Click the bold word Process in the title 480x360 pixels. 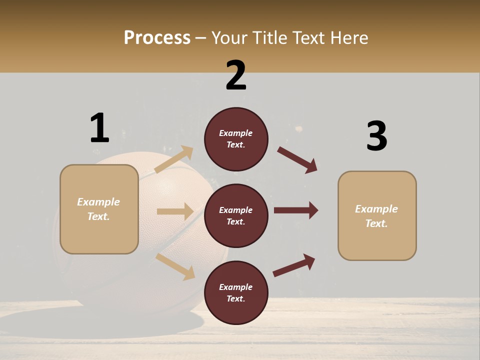click(x=157, y=38)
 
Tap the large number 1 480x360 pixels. click(x=99, y=128)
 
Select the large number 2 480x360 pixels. click(x=236, y=75)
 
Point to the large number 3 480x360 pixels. click(x=376, y=136)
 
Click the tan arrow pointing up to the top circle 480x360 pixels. click(x=174, y=159)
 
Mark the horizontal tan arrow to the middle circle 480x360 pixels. click(x=175, y=211)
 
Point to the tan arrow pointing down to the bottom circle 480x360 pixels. click(x=175, y=266)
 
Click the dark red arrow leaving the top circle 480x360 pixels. click(x=297, y=159)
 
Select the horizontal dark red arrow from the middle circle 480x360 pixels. click(x=295, y=210)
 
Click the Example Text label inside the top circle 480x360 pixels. click(x=236, y=139)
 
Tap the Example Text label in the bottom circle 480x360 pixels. click(x=236, y=292)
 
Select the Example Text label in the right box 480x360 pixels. click(x=376, y=216)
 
